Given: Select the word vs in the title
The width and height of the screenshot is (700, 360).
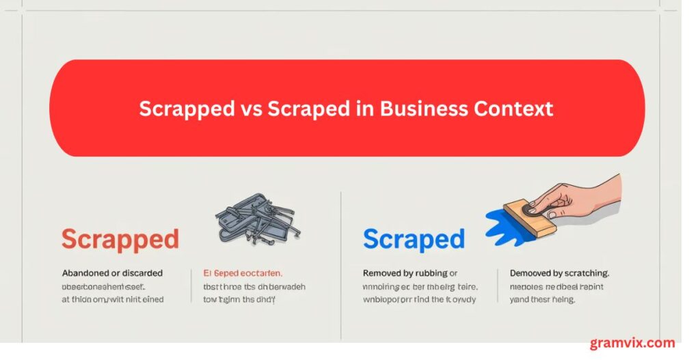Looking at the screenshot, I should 250,109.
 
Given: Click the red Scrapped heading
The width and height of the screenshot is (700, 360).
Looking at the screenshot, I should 120,240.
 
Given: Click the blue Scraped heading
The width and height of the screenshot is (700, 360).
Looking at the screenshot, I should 414,240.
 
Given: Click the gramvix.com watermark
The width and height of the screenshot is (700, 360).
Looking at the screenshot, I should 632,343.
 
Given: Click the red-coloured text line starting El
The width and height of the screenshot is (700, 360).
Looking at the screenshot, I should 243,273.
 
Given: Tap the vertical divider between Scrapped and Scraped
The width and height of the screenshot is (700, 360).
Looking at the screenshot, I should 340,266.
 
